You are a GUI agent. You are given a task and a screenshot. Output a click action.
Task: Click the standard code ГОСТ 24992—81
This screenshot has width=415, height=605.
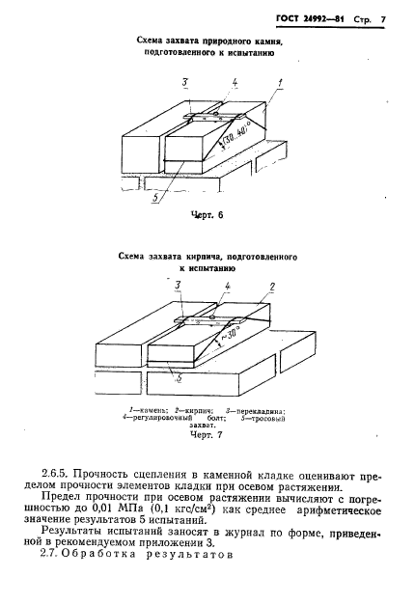[309, 18]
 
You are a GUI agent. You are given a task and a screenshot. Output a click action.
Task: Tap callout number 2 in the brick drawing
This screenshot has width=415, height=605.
[273, 288]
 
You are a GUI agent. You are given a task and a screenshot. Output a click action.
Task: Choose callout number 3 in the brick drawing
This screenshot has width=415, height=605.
[177, 288]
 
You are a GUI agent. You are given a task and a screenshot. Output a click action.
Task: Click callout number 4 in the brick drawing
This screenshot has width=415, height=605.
[227, 288]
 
